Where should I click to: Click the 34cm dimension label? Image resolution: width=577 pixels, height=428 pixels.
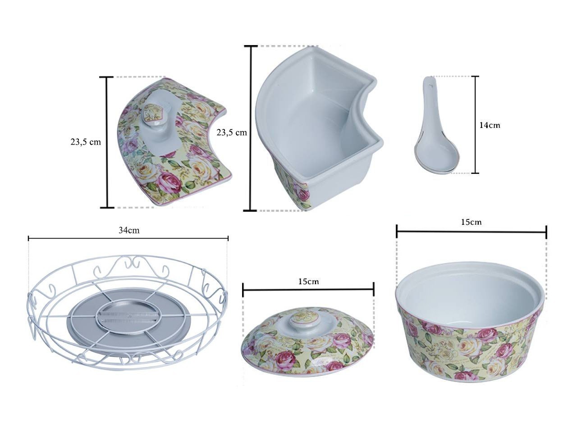click(129, 230)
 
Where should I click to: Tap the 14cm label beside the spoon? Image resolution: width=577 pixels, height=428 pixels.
click(490, 125)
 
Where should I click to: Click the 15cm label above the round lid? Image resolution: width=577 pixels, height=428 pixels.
click(308, 281)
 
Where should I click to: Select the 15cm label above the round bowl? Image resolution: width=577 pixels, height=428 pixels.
click(472, 222)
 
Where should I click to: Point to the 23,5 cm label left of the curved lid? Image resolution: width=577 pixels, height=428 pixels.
click(86, 142)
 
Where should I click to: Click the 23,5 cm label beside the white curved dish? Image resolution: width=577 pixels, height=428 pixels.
click(232, 132)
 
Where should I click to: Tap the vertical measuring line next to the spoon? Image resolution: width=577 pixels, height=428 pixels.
click(475, 124)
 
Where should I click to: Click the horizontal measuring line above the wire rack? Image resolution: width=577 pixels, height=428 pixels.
click(128, 238)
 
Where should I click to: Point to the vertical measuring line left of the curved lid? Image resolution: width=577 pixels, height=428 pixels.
click(107, 142)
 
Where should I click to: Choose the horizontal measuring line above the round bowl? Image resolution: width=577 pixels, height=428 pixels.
click(472, 232)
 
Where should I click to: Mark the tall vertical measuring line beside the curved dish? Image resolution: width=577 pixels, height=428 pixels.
click(251, 128)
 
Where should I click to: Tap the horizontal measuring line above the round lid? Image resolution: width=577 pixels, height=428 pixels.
click(308, 290)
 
